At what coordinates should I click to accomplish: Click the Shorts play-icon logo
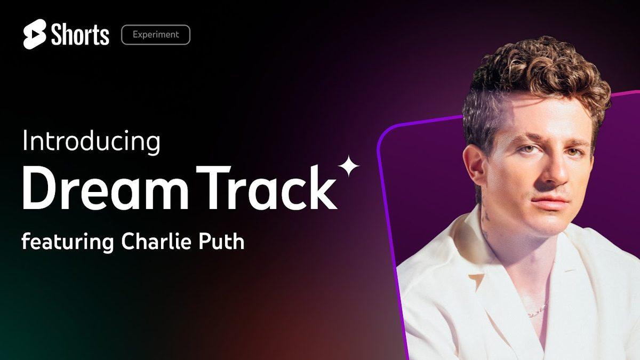(35, 34)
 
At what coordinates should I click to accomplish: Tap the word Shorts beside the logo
(81, 35)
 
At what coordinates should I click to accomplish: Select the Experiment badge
(156, 35)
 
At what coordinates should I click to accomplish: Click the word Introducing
(91, 142)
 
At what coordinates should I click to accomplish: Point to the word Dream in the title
(106, 187)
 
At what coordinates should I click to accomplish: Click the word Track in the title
(267, 187)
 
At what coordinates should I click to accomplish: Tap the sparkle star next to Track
(348, 166)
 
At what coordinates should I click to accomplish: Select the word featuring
(68, 242)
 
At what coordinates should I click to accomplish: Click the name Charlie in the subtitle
(156, 241)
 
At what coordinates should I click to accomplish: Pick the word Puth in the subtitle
(221, 241)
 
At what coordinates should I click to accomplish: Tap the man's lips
(549, 203)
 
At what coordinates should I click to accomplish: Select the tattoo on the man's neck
(485, 217)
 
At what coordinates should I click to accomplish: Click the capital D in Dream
(39, 187)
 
